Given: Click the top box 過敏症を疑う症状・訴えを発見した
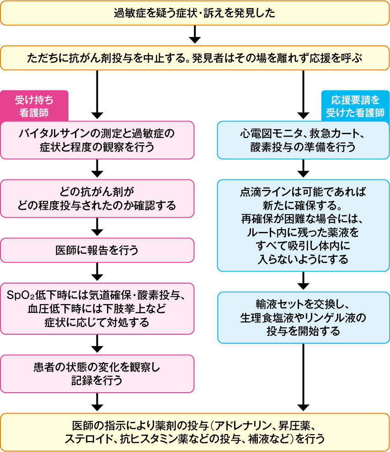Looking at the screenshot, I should point(195,12).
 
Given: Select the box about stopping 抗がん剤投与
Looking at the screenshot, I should point(195,58).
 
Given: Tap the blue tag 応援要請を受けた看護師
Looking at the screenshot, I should point(355,105).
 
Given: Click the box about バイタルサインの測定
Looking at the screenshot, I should point(97,140).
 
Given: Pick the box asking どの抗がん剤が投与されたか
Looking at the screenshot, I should point(97,198).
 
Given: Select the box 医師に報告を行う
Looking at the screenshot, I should point(97,250).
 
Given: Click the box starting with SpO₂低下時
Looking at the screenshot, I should point(97,309).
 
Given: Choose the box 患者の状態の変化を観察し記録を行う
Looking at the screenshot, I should point(97,373).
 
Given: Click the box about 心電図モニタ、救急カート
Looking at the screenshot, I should point(303,140).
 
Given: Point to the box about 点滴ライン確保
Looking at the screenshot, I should point(303,225).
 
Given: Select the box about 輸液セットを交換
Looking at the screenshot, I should point(303,317).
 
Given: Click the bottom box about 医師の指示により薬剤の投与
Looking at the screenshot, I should point(195,431).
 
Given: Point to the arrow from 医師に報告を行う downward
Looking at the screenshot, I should point(97,272).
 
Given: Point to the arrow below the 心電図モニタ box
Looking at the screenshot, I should point(303,169).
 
